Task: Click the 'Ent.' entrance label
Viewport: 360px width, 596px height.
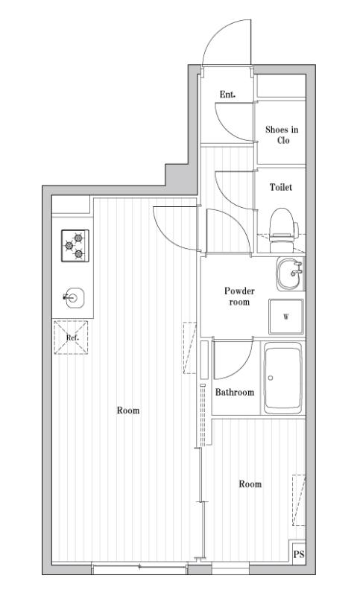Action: click(x=227, y=94)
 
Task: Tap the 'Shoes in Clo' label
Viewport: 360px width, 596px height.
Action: click(x=282, y=135)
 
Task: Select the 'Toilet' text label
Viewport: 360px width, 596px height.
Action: click(x=280, y=187)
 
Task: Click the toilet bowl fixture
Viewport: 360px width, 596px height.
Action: click(x=281, y=224)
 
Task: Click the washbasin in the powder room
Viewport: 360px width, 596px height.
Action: click(x=289, y=275)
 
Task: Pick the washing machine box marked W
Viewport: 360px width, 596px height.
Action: click(x=286, y=317)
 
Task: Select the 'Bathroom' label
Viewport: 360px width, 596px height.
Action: click(x=234, y=392)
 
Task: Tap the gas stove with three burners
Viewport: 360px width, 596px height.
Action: click(x=75, y=246)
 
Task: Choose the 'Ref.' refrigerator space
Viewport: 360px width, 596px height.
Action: click(x=72, y=337)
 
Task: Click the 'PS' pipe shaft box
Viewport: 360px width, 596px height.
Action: click(x=299, y=554)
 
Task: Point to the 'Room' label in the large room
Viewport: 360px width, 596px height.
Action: click(x=128, y=410)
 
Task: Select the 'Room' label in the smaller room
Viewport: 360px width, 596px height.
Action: click(x=250, y=484)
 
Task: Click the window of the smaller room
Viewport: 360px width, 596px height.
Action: click(x=230, y=570)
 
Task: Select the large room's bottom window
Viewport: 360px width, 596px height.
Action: click(x=139, y=569)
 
